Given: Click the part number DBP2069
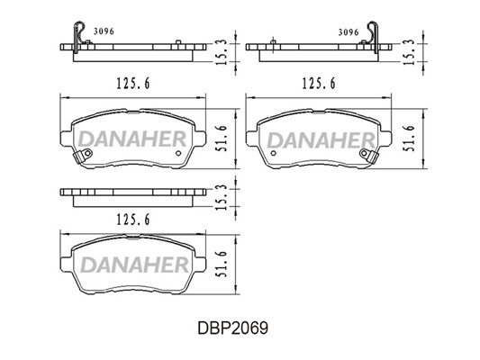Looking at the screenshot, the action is [232, 328].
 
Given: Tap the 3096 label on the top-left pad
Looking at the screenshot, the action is [104, 31].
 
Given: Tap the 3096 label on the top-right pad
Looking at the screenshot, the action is [349, 32].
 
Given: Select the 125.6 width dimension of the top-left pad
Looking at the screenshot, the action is [133, 83].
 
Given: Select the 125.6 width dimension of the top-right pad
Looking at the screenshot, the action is [319, 83].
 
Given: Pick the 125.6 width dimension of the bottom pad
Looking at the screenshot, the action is [133, 220].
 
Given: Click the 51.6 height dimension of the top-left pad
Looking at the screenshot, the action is [222, 139].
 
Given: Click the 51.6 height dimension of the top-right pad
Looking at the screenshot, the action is [409, 139].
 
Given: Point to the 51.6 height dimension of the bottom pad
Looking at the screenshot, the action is [222, 265].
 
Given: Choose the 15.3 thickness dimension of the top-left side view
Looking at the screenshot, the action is [222, 52].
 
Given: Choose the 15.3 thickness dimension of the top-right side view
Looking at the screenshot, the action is [409, 52].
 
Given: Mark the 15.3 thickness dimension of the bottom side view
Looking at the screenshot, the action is [222, 197].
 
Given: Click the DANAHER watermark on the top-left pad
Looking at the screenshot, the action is [132, 139].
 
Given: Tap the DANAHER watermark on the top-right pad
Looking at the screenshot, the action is [321, 140].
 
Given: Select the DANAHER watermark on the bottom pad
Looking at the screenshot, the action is [134, 265].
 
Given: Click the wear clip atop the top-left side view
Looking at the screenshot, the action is [76, 37].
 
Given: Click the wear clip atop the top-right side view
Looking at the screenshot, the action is [376, 37].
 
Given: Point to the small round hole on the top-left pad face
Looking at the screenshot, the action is [178, 153].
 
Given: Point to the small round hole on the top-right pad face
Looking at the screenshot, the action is [274, 153].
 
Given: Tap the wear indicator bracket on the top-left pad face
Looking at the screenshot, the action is [83, 156].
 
